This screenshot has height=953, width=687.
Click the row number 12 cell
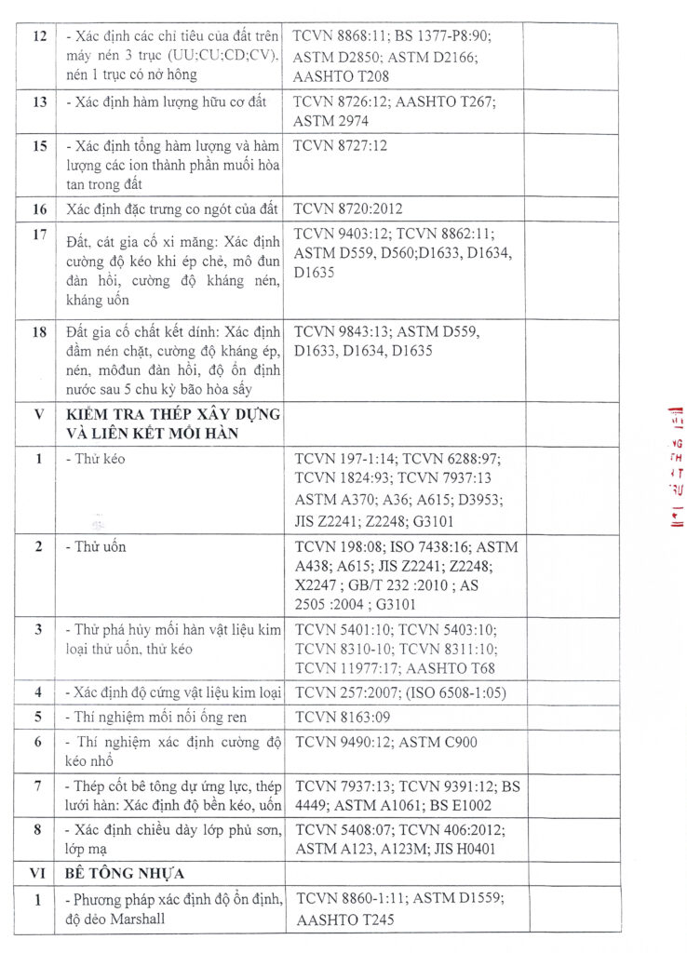(x=39, y=36)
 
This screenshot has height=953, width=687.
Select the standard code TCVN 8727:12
(x=340, y=146)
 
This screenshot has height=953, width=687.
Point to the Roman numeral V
(x=39, y=414)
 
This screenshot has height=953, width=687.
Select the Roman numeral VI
(x=39, y=875)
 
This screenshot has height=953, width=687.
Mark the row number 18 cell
(x=39, y=331)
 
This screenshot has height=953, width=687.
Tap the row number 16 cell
(x=39, y=208)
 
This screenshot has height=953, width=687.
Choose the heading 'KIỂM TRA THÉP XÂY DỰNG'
(x=173, y=414)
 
